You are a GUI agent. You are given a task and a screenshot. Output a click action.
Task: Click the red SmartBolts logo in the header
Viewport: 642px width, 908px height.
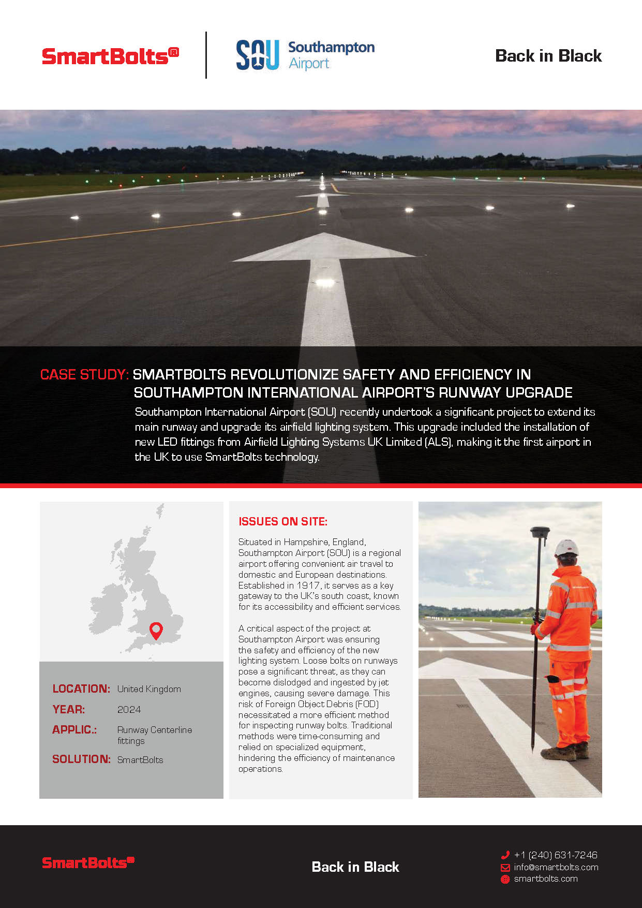point(110,56)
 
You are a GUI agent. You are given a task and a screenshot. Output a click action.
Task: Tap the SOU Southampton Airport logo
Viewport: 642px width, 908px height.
point(305,55)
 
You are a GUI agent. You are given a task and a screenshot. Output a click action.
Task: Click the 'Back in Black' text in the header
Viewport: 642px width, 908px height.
point(548,56)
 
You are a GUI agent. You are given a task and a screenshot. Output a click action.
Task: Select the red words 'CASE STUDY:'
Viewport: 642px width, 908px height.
point(84,375)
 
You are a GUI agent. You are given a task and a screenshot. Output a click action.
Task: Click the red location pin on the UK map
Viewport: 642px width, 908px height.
point(156,630)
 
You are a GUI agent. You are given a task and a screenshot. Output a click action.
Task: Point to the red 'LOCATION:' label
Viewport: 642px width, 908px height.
point(81,689)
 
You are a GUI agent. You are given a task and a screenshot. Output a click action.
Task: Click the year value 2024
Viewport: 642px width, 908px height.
point(129,710)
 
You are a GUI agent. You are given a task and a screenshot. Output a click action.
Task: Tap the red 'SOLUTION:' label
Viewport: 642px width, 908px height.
point(81,759)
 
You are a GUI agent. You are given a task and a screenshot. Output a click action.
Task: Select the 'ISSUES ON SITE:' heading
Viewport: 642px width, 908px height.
point(283,522)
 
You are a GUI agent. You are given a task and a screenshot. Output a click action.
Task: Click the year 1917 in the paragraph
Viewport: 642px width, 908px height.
point(308,585)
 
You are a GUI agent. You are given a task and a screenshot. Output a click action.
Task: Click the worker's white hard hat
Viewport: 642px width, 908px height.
point(566,548)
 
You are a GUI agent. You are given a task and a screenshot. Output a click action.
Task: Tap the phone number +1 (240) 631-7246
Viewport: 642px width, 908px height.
point(556,855)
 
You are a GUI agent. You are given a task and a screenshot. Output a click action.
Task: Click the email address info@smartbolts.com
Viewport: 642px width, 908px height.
point(556,867)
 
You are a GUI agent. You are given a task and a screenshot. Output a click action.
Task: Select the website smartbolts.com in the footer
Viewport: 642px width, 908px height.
point(546,879)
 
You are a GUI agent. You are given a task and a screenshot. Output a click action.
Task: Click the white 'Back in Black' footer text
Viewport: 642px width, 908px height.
point(355,867)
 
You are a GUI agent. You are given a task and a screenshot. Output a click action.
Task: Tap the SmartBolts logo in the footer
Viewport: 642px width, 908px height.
point(88,862)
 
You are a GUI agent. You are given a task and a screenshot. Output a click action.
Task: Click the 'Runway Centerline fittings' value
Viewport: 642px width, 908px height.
point(154,735)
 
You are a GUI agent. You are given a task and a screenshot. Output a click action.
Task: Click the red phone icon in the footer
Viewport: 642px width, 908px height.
point(505,855)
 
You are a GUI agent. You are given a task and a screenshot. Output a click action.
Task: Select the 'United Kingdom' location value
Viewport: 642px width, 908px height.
point(149,689)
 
